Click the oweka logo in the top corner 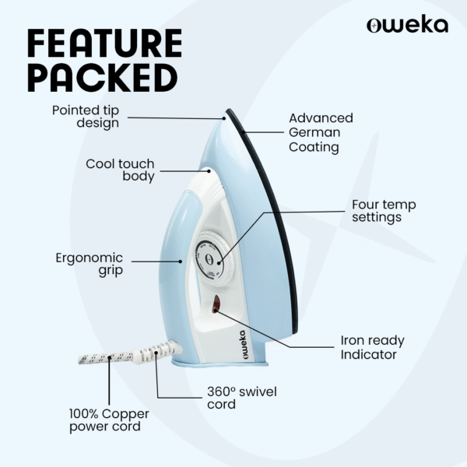407,25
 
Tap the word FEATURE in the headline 104,45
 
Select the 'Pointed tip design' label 86,117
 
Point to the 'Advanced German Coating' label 321,132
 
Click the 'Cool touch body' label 120,170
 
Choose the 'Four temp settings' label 384,211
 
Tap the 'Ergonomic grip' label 90,264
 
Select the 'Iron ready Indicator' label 372,347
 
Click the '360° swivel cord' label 241,398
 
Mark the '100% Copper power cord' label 109,420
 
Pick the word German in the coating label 314,132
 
